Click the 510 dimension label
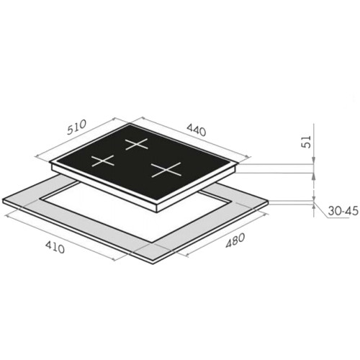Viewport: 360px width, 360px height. [76, 127]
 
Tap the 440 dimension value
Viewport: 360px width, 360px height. [197, 131]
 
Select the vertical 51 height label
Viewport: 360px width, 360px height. [306, 142]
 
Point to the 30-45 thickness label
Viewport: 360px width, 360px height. [343, 211]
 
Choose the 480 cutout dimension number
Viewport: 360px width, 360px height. [235, 240]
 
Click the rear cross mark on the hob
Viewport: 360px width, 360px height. [136, 144]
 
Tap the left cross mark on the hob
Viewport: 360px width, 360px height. [102, 161]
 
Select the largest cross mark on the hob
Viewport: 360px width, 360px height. [166, 170]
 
